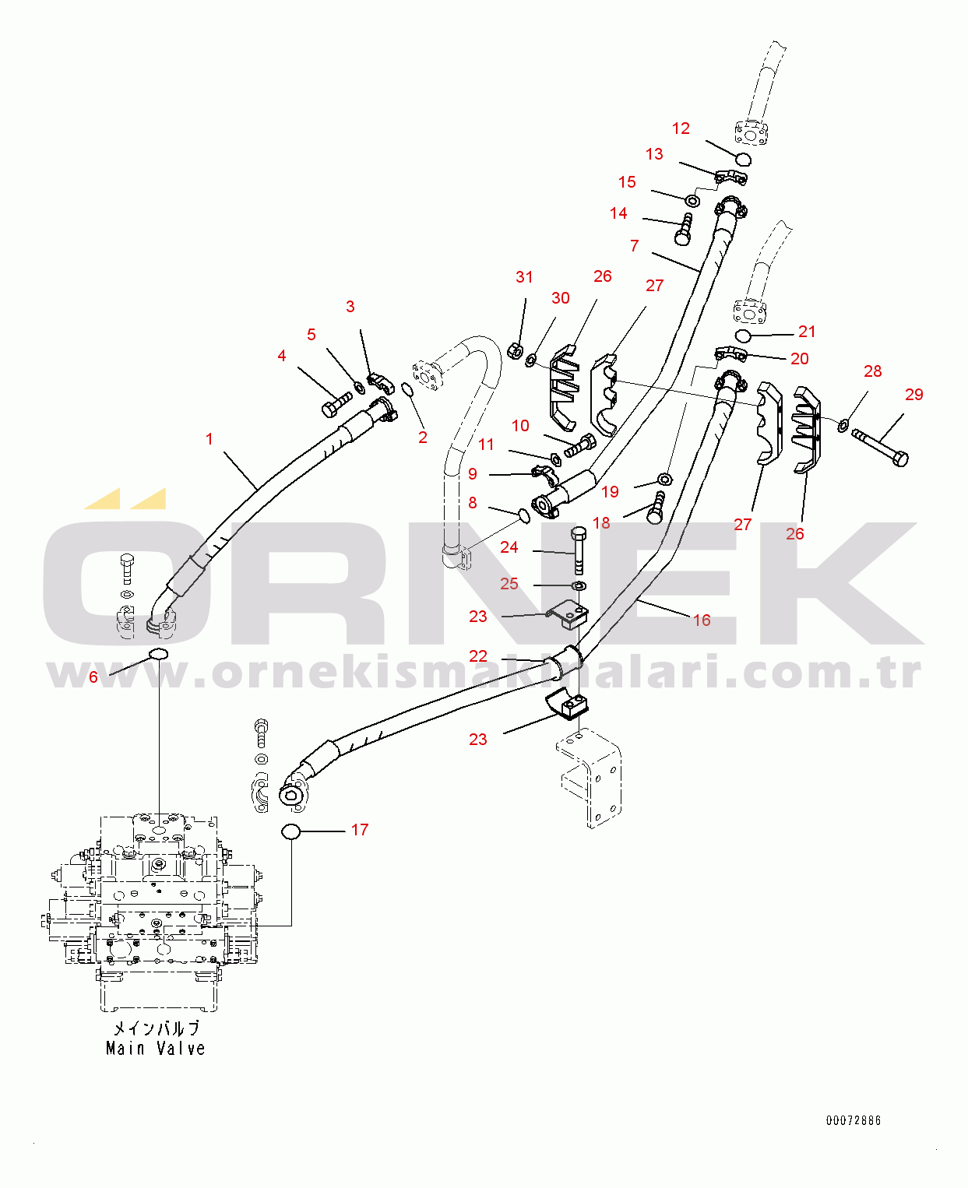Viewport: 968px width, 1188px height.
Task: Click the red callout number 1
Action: click(209, 439)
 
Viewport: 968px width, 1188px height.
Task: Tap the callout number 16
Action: click(702, 620)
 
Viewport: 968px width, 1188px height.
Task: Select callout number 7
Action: click(635, 246)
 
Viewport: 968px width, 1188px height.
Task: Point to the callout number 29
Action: click(913, 395)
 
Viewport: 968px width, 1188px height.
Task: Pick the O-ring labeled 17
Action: click(290, 831)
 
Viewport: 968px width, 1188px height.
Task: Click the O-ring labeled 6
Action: click(158, 652)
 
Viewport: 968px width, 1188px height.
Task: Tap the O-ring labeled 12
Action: click(743, 160)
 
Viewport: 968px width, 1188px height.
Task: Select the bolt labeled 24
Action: click(579, 550)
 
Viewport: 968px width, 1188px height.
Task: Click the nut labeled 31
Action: click(515, 351)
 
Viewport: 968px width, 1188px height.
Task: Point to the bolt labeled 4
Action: click(336, 404)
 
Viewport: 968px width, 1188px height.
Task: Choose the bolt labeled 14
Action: click(685, 230)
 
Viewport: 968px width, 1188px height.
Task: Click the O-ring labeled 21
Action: click(743, 336)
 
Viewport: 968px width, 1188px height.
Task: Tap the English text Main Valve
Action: click(156, 1049)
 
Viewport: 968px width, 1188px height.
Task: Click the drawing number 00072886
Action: click(854, 1120)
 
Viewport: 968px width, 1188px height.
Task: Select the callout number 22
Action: click(478, 656)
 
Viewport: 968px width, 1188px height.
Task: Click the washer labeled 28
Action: click(843, 424)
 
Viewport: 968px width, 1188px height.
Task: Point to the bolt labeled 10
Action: click(579, 446)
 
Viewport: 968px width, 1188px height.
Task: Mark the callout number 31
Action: click(524, 277)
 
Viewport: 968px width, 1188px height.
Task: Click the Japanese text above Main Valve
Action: click(157, 1028)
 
